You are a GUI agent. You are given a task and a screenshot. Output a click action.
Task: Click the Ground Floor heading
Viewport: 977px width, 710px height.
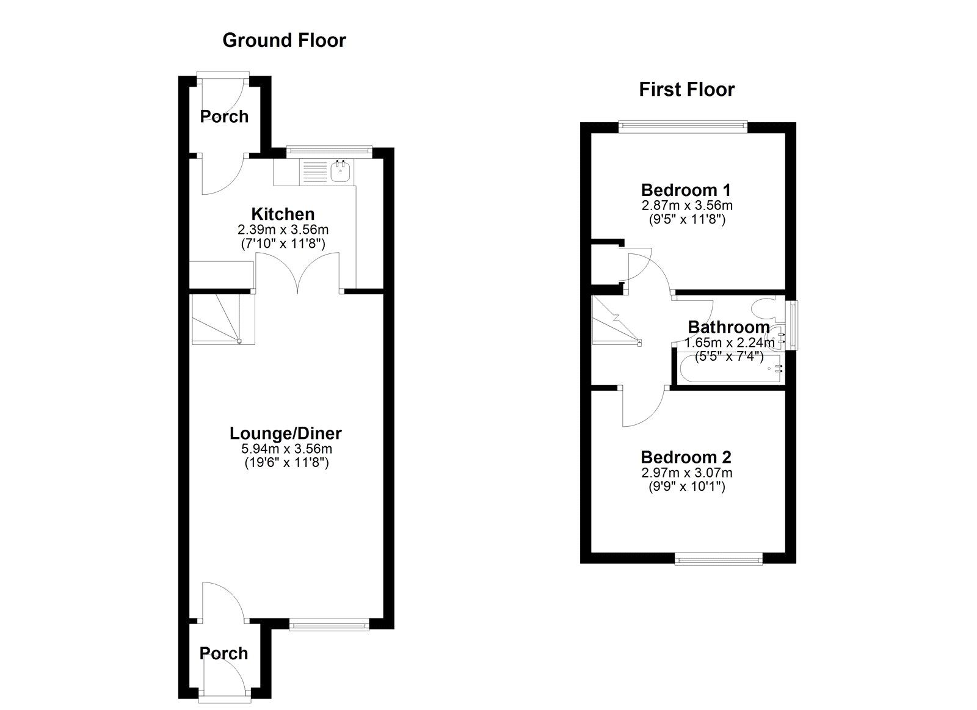(284, 40)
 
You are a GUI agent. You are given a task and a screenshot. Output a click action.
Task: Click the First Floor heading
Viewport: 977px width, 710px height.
(686, 90)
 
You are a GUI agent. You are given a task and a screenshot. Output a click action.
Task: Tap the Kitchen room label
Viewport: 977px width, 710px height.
(283, 214)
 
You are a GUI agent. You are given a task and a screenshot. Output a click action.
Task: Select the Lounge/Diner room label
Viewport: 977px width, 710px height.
(285, 433)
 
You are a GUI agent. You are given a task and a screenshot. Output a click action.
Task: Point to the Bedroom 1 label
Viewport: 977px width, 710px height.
(686, 190)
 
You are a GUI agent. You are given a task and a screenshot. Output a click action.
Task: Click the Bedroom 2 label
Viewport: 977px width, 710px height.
(686, 457)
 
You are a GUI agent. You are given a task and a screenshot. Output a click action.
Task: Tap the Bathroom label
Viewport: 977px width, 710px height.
(728, 327)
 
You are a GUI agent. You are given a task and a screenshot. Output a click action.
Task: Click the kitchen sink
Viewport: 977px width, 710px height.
(340, 172)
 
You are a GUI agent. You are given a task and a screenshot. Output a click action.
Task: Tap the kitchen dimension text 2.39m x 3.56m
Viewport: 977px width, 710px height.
(283, 230)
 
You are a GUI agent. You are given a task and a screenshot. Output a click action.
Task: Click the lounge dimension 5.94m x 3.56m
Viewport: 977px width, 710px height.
(285, 449)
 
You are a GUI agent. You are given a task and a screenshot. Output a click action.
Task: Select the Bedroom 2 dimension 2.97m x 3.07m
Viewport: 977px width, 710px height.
(686, 473)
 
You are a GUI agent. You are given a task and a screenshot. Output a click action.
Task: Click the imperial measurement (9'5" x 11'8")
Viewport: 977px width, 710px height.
(686, 220)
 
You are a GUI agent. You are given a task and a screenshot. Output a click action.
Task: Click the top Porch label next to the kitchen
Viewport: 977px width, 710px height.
(224, 116)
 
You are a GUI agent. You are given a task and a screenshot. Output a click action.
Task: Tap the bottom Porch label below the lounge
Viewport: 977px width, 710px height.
(223, 653)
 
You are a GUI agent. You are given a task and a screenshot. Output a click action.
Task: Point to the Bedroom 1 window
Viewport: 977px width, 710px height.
(683, 127)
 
